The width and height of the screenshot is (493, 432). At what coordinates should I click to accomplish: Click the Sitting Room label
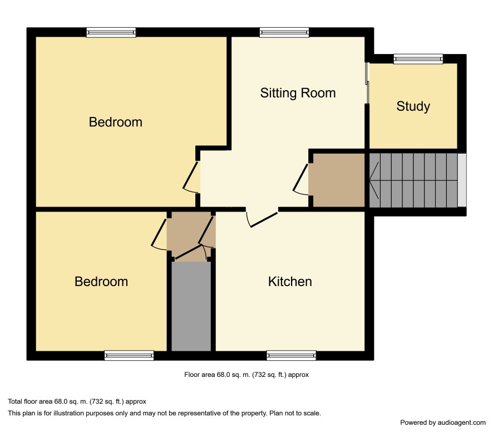[x=298, y=93]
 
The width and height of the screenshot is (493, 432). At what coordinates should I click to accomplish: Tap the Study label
[x=413, y=106]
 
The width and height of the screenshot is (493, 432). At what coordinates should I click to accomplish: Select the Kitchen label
[x=290, y=282]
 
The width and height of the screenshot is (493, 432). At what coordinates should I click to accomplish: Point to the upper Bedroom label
[x=115, y=122]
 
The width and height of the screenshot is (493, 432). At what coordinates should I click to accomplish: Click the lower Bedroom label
[x=101, y=282]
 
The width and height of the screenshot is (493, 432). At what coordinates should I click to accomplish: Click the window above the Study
[x=418, y=59]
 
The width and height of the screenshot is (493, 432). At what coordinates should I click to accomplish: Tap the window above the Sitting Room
[x=284, y=32]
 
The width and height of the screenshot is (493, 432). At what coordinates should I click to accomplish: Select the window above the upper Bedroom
[x=111, y=32]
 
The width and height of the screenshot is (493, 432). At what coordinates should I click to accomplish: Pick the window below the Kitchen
[x=292, y=356]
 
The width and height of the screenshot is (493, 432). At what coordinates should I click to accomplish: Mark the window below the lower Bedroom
[x=129, y=356]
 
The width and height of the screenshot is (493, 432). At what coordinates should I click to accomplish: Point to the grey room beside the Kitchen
[x=191, y=306]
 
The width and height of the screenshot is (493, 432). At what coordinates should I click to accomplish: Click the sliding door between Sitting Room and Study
[x=367, y=83]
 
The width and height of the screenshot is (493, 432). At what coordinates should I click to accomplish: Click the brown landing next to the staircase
[x=338, y=180]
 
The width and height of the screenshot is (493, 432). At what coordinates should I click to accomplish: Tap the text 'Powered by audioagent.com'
[x=443, y=423]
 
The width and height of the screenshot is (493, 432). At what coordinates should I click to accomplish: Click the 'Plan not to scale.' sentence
[x=295, y=413]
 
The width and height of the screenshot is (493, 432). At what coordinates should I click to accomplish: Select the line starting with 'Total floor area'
[x=77, y=401]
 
